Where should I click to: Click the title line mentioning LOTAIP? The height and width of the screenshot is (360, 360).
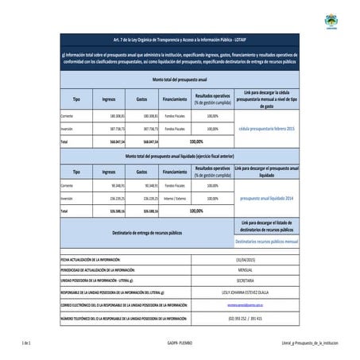pyautogui.click(x=179, y=47)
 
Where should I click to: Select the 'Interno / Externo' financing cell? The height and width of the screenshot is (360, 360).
pyautogui.click(x=175, y=196)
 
